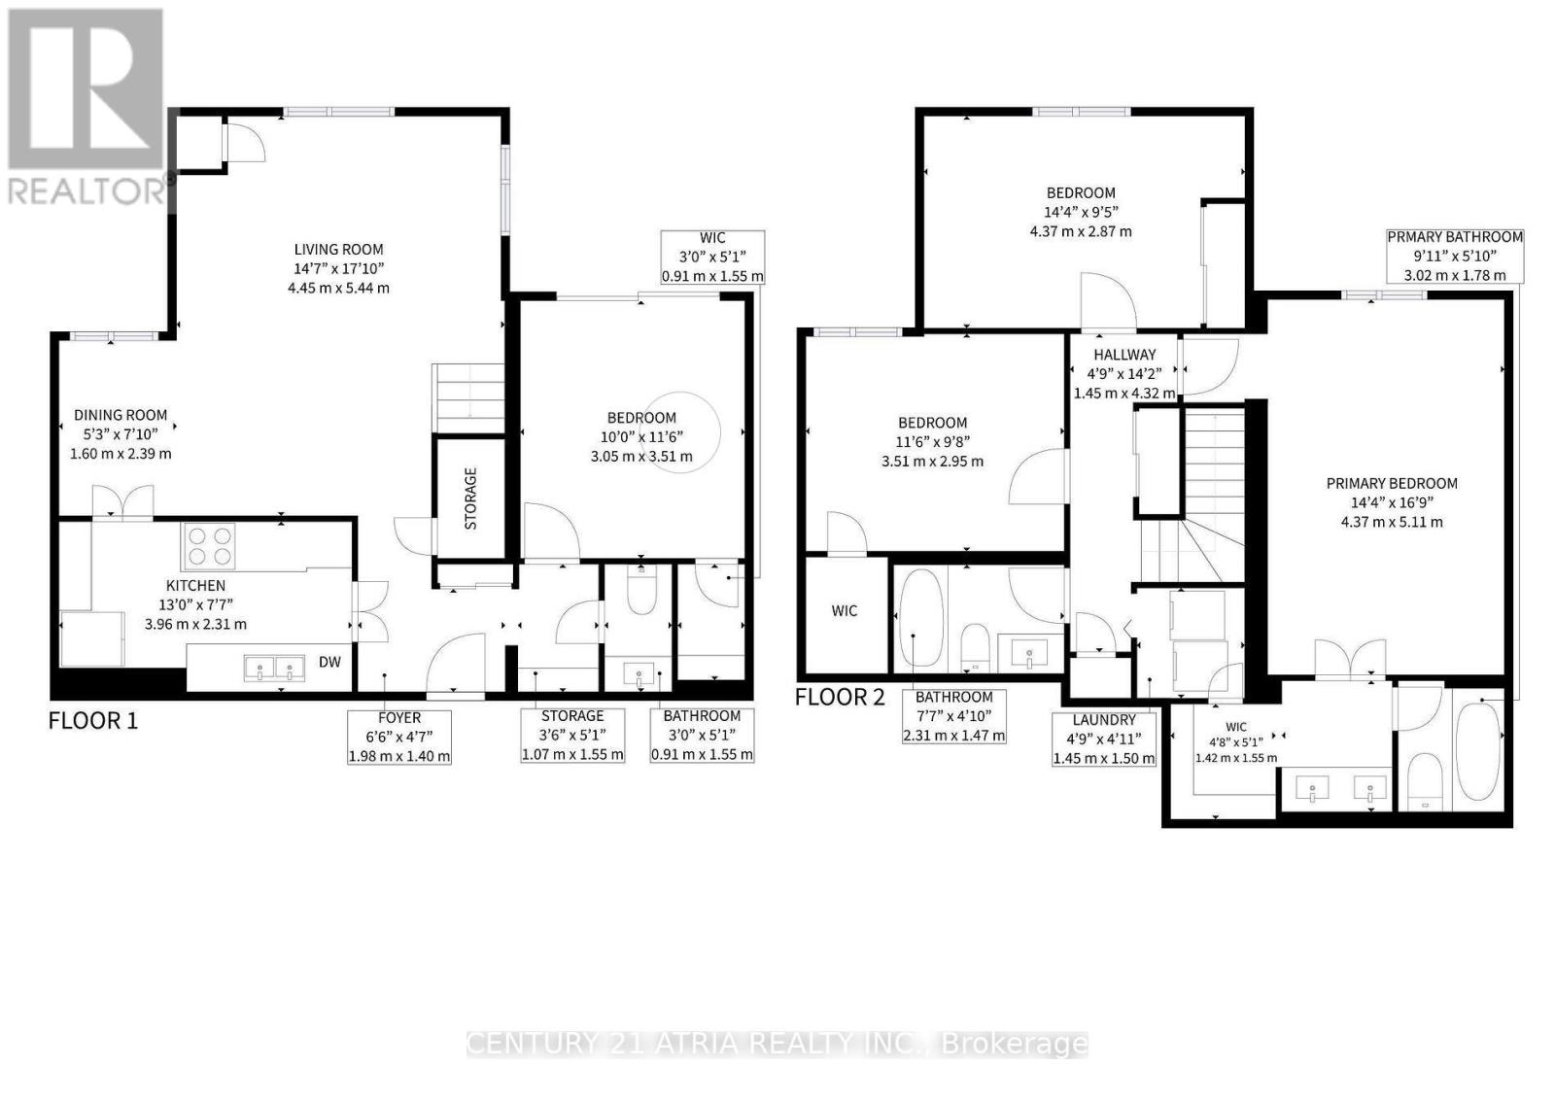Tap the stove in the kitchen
[x=208, y=546]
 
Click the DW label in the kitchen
[x=330, y=663]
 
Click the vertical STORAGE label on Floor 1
[x=470, y=498]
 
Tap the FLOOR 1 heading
[x=93, y=721]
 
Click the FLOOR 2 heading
[x=840, y=697]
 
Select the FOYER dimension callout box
[x=399, y=737]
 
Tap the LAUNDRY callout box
[x=1104, y=739]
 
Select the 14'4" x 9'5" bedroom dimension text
[x=1081, y=212]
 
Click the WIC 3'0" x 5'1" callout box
[x=712, y=258]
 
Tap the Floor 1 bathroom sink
[x=639, y=673]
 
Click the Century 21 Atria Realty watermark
[x=777, y=1044]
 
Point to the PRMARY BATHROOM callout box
[x=1455, y=256]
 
